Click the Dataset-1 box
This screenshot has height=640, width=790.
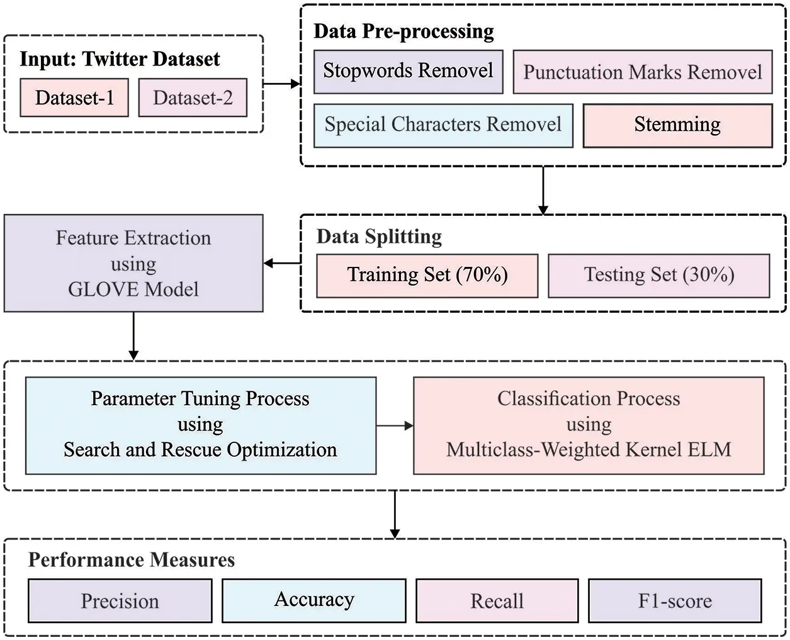tap(74, 98)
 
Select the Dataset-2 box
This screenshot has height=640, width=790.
tap(193, 98)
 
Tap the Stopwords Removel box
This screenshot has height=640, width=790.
tap(408, 72)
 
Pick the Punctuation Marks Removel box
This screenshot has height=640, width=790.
tap(643, 72)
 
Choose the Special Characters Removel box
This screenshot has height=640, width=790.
tap(443, 125)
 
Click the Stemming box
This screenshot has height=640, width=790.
tap(677, 125)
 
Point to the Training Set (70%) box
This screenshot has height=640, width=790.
tap(427, 276)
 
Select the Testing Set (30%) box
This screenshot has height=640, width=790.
tap(659, 276)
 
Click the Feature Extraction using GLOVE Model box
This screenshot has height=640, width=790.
tap(133, 263)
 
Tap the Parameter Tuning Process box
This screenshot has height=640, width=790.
tap(200, 425)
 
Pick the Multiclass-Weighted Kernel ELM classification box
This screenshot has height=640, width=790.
tap(589, 425)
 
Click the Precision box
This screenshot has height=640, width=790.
tap(120, 601)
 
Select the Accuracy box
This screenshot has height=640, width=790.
tap(314, 601)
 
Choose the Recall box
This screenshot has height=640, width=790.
tap(497, 601)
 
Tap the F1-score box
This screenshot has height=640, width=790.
tap(675, 601)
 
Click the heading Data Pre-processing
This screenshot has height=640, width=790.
tap(403, 31)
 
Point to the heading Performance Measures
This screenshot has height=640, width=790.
tap(132, 560)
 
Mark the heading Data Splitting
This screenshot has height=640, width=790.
tap(379, 237)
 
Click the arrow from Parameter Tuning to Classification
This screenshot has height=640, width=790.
tap(395, 425)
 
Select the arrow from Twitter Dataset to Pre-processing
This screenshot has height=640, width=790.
tap(281, 84)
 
